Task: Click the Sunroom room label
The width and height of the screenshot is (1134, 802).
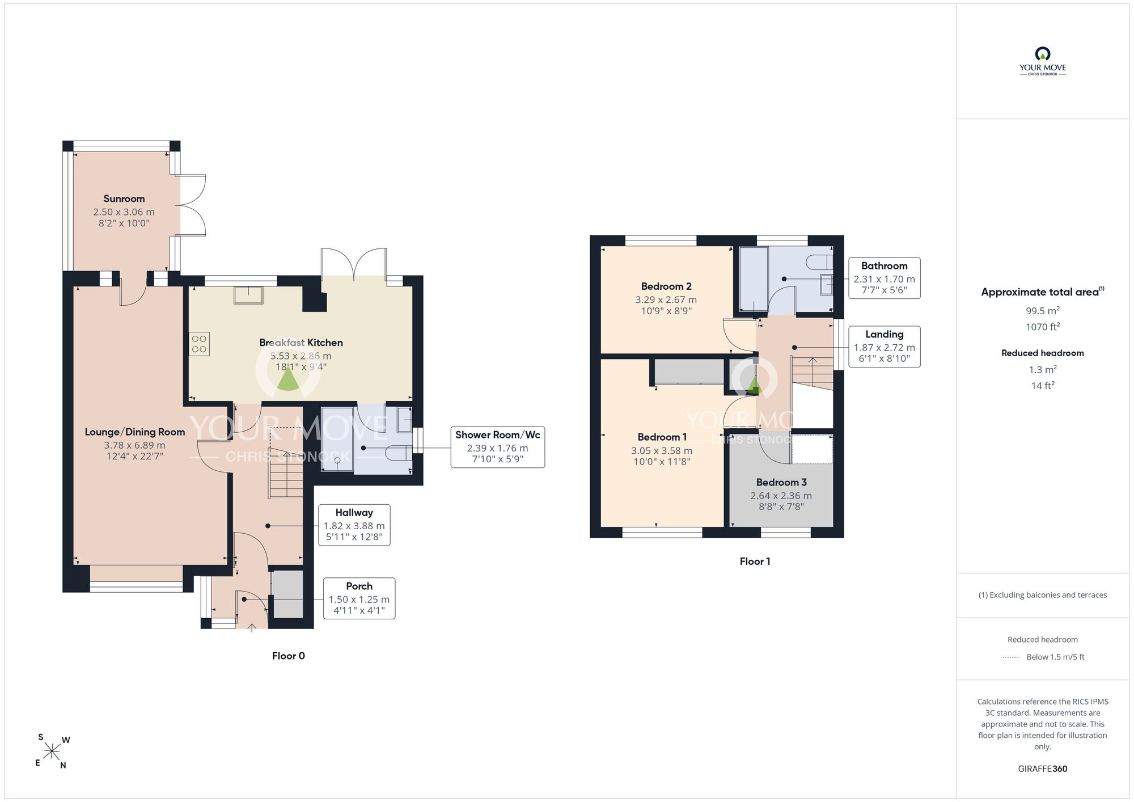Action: point(124,199)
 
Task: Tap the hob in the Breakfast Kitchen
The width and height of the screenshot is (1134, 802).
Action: point(199,344)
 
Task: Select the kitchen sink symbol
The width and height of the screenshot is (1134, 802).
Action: point(249,295)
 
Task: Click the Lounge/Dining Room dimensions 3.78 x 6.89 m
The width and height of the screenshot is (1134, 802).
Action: point(135,445)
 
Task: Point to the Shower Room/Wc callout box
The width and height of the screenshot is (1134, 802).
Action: point(498,447)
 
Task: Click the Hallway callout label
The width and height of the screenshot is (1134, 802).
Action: point(354,513)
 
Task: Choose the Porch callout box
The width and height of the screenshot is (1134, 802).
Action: point(359,598)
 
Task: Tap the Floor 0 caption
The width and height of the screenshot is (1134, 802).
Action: point(289,656)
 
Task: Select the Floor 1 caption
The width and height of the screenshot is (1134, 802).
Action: point(755,562)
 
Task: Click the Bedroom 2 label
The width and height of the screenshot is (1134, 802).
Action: point(666,286)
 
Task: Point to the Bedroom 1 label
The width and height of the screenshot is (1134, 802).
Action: point(662,437)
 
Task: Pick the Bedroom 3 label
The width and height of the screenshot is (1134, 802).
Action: point(781,482)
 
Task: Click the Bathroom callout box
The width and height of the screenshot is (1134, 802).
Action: point(884,278)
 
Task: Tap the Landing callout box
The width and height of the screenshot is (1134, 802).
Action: point(884,347)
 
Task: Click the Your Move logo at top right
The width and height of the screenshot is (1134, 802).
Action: point(1043,61)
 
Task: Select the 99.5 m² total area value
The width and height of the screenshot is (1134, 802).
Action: point(1043,311)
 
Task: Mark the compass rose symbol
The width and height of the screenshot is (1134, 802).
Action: point(52,752)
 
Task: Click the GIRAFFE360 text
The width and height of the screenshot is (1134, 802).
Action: point(1043,769)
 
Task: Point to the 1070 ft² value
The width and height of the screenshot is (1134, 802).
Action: point(1043,327)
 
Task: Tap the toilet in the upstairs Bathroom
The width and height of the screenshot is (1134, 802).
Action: point(820,262)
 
